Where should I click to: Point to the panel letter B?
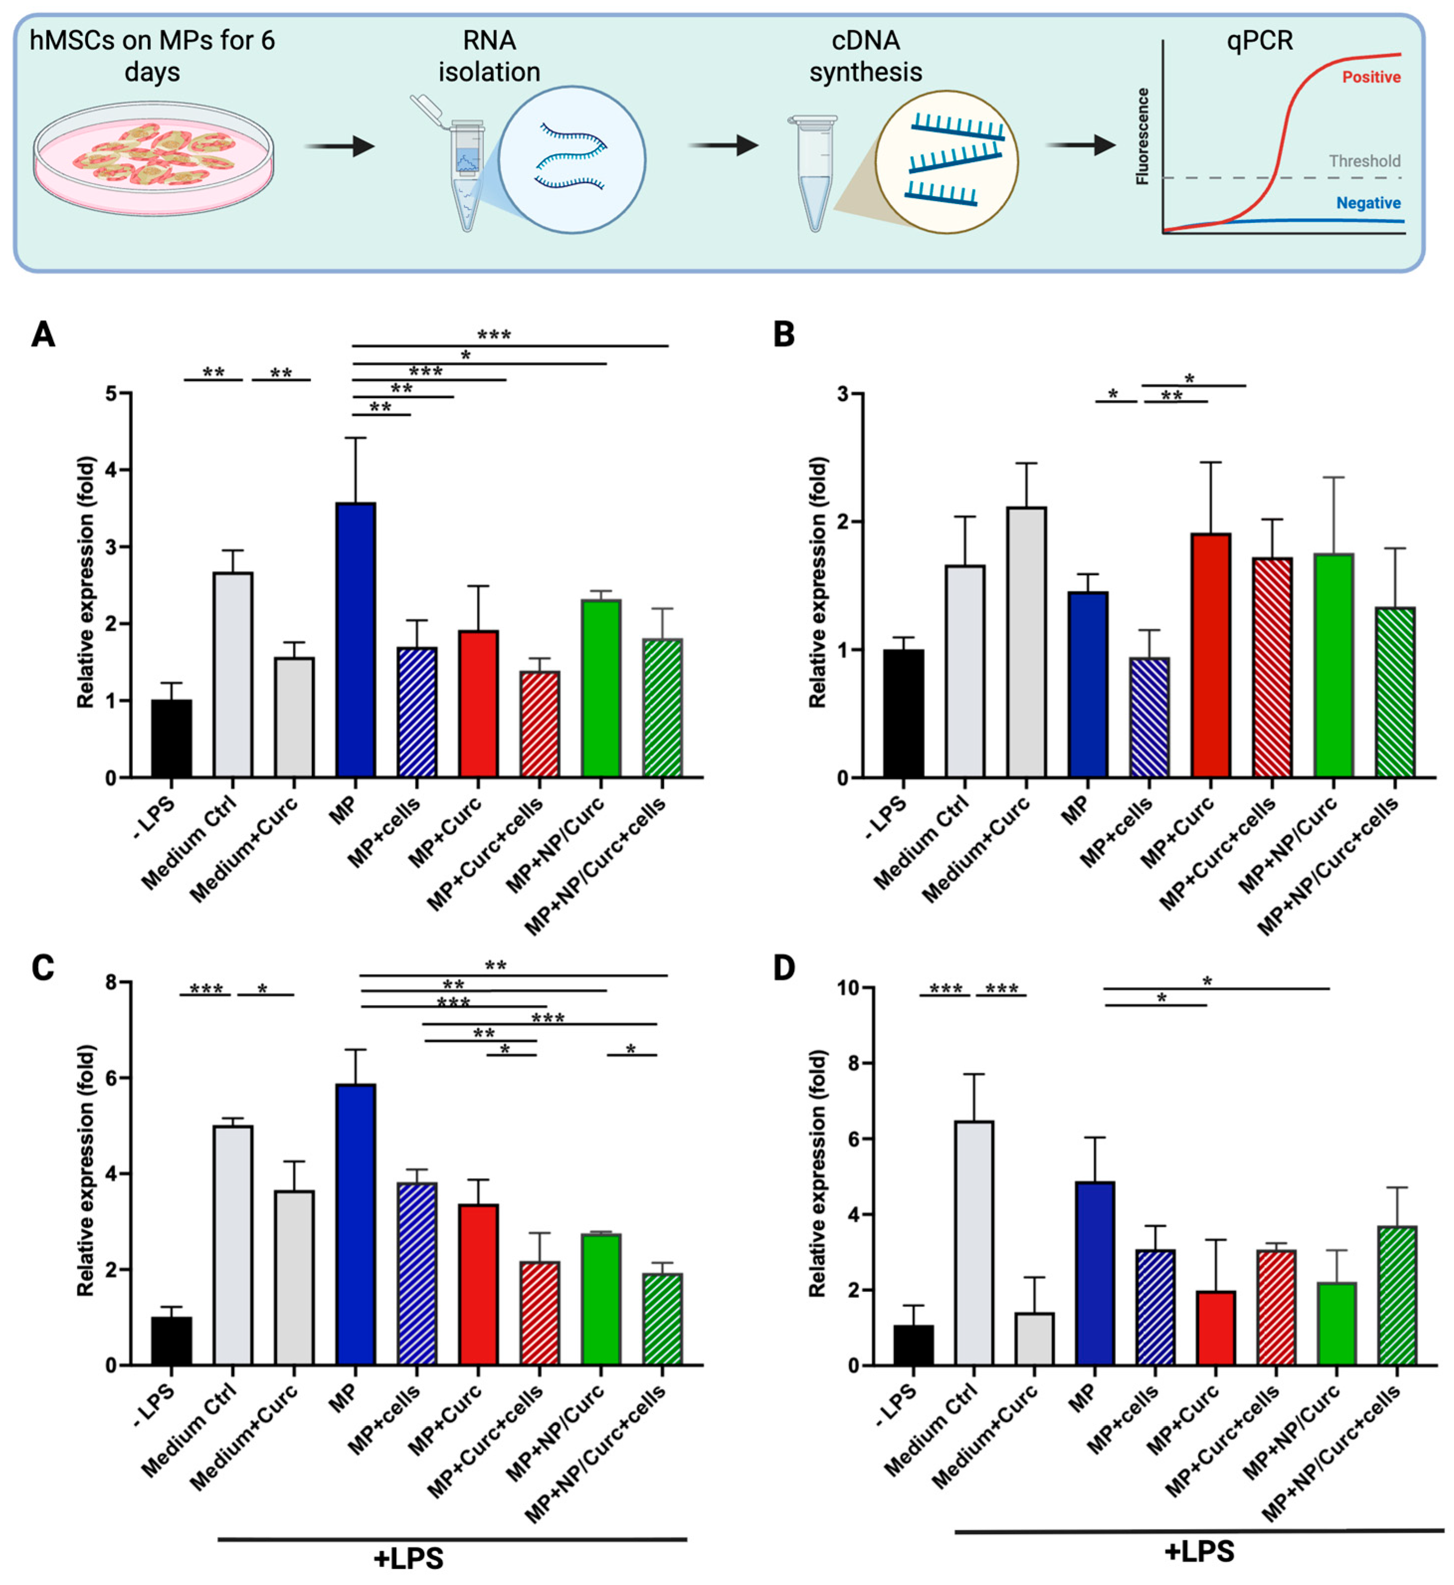coord(784,334)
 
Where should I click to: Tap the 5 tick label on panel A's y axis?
coord(112,394)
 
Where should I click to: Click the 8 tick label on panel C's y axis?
coord(112,982)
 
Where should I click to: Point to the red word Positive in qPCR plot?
coord(1370,77)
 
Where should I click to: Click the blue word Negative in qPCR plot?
coord(1368,203)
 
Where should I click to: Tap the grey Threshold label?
coord(1364,161)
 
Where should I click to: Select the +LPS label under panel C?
coord(408,1558)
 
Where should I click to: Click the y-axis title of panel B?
coord(818,583)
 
